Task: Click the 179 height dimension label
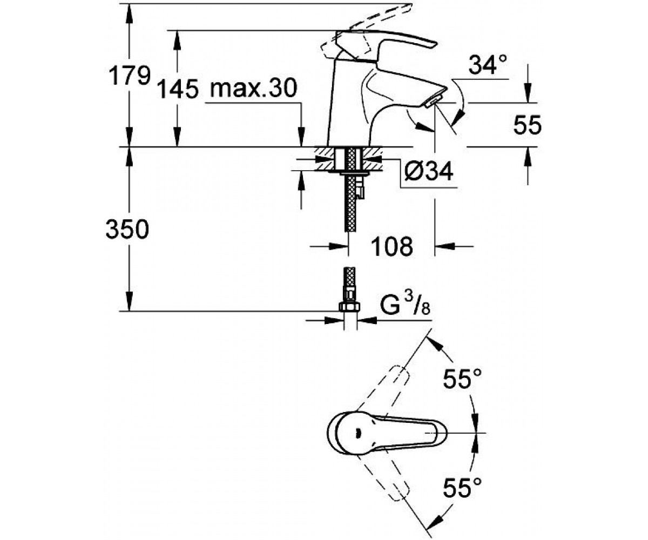point(130,76)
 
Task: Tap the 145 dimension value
point(178,89)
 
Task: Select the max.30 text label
point(254,89)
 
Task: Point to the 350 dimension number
point(127,229)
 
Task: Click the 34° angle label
point(488,65)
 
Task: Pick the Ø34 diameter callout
point(429,171)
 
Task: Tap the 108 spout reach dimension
point(391,246)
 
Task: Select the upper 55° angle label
point(462,379)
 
